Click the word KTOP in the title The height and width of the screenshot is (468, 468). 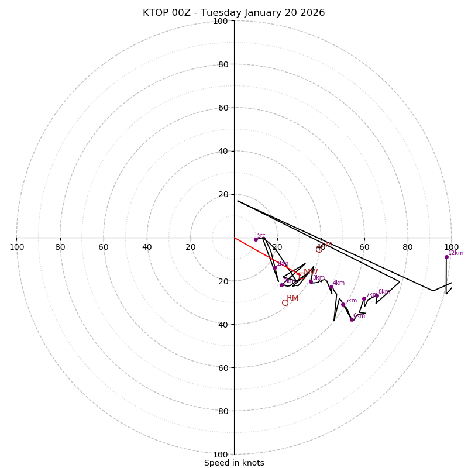[x=155, y=13]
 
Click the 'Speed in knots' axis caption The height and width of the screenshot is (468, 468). [x=234, y=463]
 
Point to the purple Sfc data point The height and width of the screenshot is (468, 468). [x=256, y=239]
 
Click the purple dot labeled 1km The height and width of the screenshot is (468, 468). [x=275, y=268]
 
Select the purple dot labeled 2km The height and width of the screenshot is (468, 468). [x=281, y=285]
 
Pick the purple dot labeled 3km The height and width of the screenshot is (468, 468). [x=311, y=281]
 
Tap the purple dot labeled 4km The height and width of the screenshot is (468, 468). [x=331, y=287]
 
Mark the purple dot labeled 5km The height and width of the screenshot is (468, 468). [x=343, y=304]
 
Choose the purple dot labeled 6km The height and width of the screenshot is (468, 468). [x=352, y=319]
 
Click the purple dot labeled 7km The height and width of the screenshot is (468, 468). [x=364, y=298]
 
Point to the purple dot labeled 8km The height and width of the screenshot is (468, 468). [x=376, y=295]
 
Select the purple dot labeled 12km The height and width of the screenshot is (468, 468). [x=446, y=257]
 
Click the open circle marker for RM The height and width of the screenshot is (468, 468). [x=285, y=302]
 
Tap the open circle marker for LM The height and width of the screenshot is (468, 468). [x=319, y=249]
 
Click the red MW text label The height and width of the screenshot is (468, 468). [x=311, y=272]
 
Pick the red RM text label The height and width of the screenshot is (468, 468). [x=292, y=298]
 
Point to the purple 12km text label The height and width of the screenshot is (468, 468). [x=456, y=253]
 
